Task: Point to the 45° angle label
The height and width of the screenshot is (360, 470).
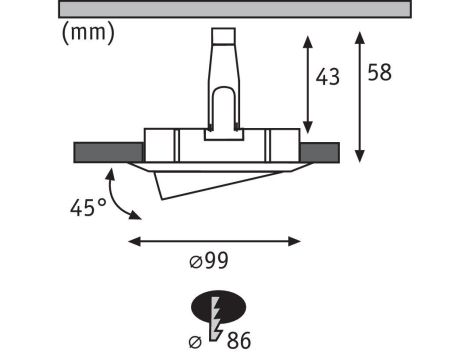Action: tap(87, 208)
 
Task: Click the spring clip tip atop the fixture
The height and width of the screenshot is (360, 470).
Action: tap(222, 37)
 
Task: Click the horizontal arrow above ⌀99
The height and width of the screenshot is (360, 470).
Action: tap(215, 240)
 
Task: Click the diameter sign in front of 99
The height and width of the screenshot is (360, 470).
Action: tap(196, 263)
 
